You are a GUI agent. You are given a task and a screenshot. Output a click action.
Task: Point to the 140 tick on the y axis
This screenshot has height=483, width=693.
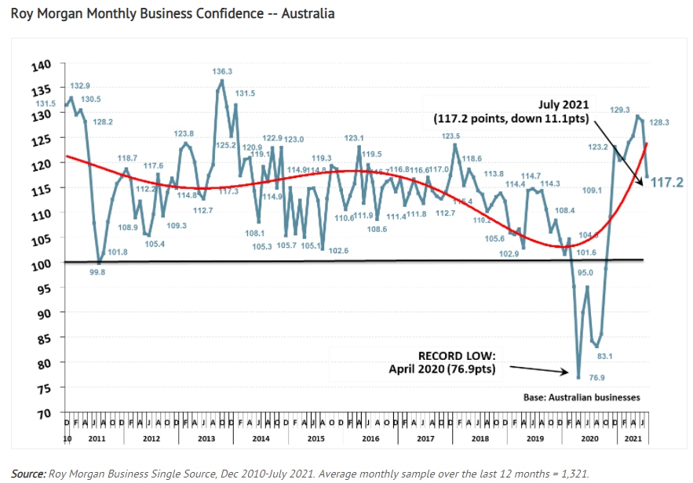(49, 64)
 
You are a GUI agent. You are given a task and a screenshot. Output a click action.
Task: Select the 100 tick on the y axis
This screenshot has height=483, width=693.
(49, 263)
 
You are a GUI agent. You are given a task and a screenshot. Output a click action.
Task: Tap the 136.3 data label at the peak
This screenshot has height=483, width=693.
(222, 71)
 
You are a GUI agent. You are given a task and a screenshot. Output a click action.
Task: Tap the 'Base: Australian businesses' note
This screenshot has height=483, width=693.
(582, 398)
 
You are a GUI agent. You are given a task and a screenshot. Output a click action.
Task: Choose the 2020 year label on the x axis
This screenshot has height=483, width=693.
(589, 438)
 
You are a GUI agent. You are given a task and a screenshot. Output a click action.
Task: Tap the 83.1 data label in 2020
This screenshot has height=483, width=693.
(604, 355)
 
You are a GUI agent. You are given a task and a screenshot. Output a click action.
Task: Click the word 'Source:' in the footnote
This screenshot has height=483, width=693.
(29, 472)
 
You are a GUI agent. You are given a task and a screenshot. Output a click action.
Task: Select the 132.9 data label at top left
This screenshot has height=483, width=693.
(80, 85)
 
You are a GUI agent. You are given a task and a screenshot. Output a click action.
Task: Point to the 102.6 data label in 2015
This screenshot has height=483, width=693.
(339, 251)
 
